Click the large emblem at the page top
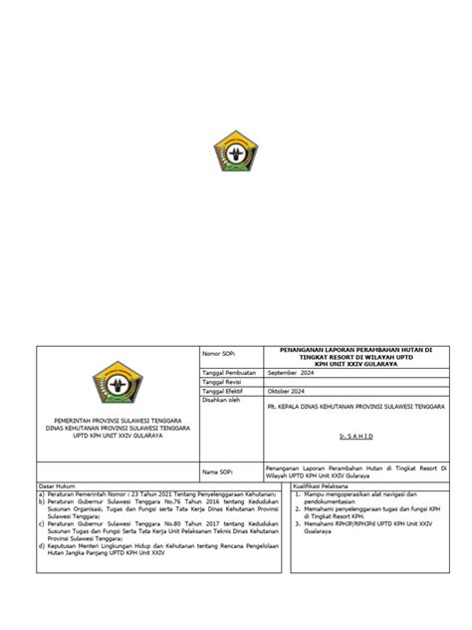pyautogui.click(x=236, y=155)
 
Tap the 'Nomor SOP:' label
pyautogui.click(x=217, y=354)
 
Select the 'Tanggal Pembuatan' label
pyautogui.click(x=229, y=372)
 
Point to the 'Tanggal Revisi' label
pyautogui.click(x=223, y=382)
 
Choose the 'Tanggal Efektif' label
pyautogui.click(x=224, y=392)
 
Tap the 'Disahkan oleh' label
pyautogui.click(x=222, y=401)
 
